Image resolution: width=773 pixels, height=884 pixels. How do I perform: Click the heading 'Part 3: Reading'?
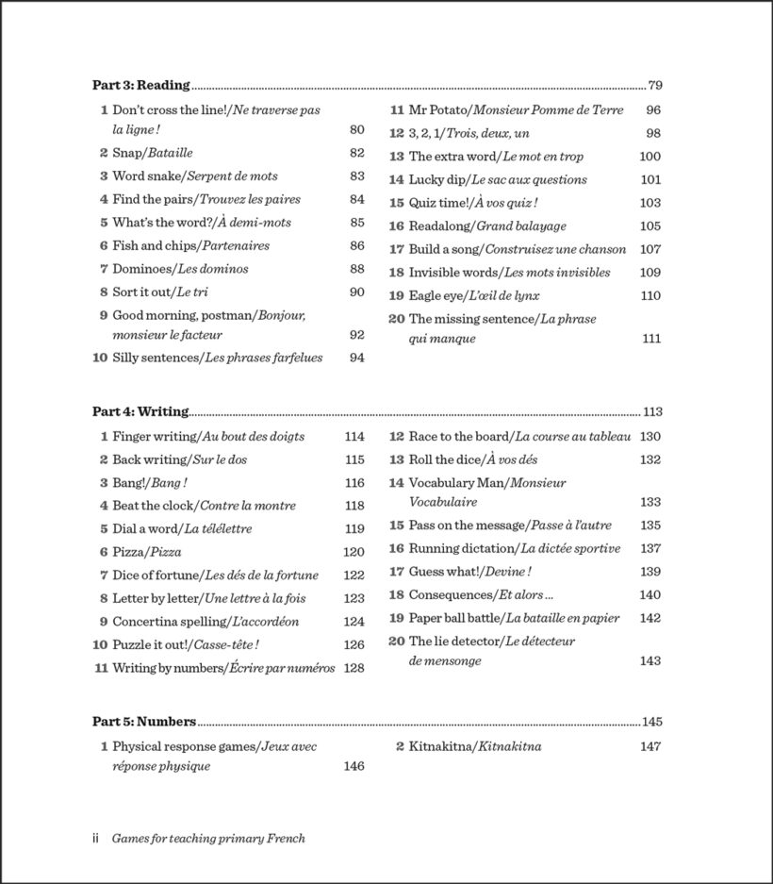click(x=141, y=85)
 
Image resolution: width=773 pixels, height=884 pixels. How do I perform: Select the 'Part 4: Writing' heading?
click(x=140, y=411)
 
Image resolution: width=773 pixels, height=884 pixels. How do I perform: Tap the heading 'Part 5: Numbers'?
click(x=144, y=722)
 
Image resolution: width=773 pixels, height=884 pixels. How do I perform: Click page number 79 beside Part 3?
click(x=656, y=85)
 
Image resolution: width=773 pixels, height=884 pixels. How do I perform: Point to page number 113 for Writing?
click(x=653, y=411)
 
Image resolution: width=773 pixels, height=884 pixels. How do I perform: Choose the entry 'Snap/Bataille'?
click(x=153, y=153)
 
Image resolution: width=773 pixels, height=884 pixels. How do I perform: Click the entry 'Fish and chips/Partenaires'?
click(x=190, y=245)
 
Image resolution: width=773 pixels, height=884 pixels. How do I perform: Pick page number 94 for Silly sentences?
click(x=356, y=358)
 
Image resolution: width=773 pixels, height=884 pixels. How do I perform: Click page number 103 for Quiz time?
click(x=650, y=203)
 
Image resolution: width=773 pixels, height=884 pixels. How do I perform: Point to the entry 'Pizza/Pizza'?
click(x=147, y=552)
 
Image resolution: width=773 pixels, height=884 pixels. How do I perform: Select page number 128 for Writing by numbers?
click(x=354, y=668)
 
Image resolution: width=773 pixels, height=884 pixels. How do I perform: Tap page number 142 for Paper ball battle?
click(x=650, y=618)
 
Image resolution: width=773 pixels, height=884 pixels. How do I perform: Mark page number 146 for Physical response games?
click(x=354, y=766)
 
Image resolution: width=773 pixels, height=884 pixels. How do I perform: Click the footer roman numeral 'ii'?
click(x=95, y=838)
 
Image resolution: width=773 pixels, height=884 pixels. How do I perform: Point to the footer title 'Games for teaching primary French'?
click(x=208, y=838)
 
